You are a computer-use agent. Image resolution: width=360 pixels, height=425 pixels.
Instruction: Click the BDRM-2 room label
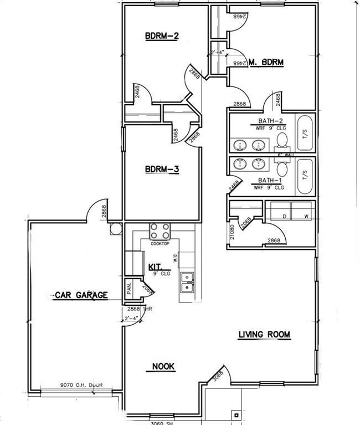161,37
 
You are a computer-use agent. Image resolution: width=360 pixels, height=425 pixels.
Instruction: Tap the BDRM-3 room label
161,170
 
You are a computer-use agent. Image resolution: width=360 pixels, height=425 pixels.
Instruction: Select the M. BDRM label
266,63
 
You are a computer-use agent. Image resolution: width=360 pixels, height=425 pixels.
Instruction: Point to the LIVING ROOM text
264,335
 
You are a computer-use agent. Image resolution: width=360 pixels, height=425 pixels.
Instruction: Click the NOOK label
163,366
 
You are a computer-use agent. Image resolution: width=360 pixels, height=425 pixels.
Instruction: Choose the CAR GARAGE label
81,295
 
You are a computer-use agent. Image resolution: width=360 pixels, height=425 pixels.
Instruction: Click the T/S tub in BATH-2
305,134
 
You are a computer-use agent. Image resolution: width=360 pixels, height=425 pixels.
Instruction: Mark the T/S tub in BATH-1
305,176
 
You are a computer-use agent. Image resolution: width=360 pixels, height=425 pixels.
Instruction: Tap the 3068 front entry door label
218,376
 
